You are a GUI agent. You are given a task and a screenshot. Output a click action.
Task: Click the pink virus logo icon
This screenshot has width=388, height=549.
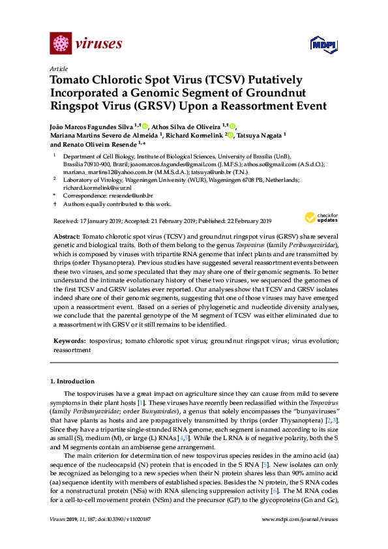click(x=61, y=44)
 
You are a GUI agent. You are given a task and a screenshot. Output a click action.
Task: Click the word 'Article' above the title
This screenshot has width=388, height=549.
click(x=58, y=68)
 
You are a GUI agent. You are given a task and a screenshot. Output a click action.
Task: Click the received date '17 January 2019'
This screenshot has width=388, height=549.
click(x=100, y=221)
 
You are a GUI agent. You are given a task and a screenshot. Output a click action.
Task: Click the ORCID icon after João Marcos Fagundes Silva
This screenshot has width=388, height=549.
click(x=145, y=126)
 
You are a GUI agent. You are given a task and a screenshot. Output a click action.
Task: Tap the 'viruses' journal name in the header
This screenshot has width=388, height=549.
click(x=99, y=44)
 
